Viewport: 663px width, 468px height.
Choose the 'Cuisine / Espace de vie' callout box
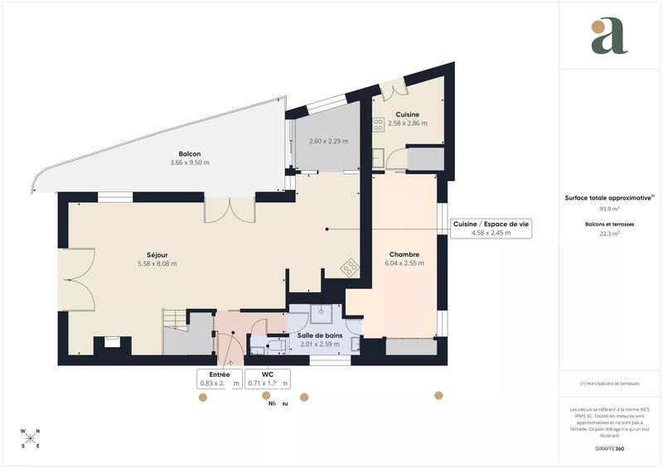coord(491,229)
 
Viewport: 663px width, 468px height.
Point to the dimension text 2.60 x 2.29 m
coord(328,141)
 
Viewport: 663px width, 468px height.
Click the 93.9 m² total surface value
coord(609,209)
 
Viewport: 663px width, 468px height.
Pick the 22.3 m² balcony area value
coord(609,234)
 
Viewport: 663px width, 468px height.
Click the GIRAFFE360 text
coord(609,447)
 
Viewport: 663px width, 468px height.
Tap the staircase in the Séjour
coord(173,319)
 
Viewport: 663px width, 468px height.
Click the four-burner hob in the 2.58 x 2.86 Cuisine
coord(378,125)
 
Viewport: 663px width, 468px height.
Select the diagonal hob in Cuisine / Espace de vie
coord(350,267)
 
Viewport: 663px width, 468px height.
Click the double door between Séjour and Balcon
coord(230,210)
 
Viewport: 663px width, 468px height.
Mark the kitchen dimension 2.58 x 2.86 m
coord(407,123)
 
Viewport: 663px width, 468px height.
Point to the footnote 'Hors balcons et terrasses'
coord(609,384)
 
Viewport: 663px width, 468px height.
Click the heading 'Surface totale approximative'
coord(609,198)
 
